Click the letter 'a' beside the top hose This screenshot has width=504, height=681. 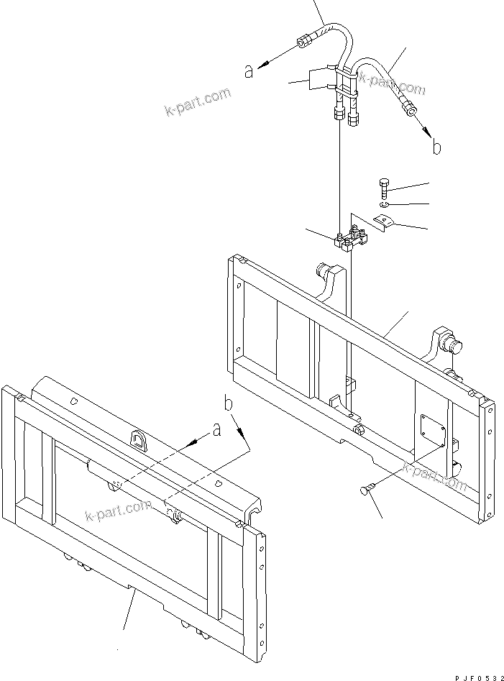pyautogui.click(x=248, y=71)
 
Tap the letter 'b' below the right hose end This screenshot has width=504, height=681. pyautogui.click(x=436, y=147)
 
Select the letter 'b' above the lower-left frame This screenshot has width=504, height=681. pyautogui.click(x=229, y=403)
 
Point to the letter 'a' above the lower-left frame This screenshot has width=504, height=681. pyautogui.click(x=216, y=430)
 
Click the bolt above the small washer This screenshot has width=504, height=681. pyautogui.click(x=382, y=186)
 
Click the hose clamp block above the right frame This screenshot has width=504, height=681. pyautogui.click(x=352, y=239)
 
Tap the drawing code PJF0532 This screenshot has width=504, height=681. pyautogui.click(x=479, y=677)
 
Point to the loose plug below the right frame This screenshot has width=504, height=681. pyautogui.click(x=366, y=490)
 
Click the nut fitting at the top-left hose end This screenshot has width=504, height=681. pyautogui.click(x=302, y=43)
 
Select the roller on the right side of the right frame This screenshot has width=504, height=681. pyautogui.click(x=453, y=346)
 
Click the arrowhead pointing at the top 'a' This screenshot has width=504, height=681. pyautogui.click(x=262, y=65)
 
